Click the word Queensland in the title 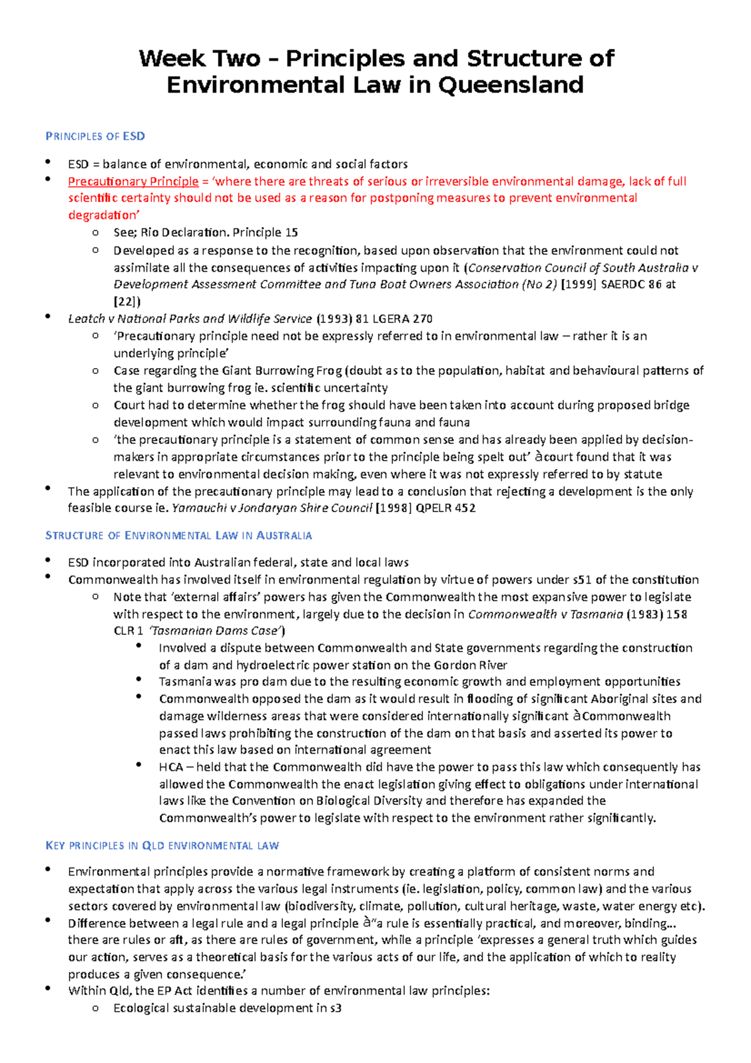(510, 85)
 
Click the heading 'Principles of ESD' (95, 136)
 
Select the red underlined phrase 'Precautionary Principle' (133, 182)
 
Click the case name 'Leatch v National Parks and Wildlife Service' (190, 319)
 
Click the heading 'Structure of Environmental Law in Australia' (178, 536)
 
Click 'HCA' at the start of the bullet (171, 768)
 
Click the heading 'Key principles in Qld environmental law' (162, 846)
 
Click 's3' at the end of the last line (335, 1009)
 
